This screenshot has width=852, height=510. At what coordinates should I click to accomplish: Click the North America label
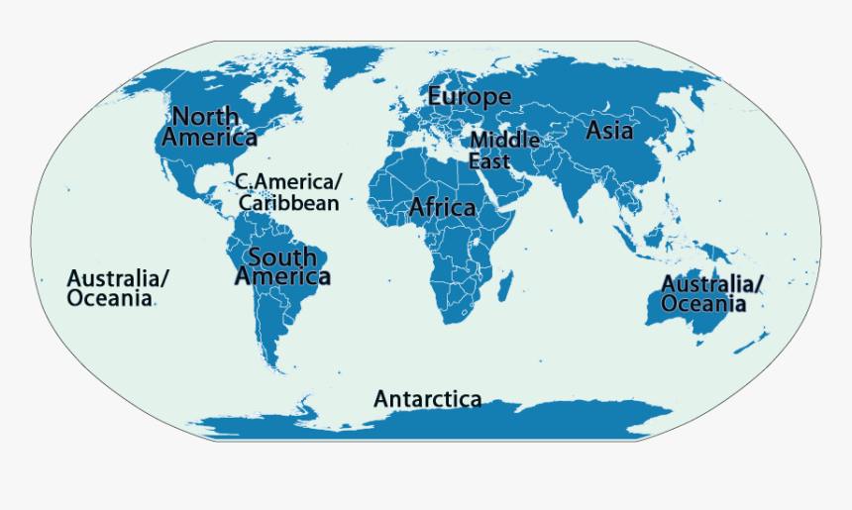point(209,126)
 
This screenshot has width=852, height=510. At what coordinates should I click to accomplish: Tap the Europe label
point(470,97)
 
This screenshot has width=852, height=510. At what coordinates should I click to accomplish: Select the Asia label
point(609,130)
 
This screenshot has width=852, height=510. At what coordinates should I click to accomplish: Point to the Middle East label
point(504,151)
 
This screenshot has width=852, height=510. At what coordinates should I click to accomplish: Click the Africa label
point(442,208)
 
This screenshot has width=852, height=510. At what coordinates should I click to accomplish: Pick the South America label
point(282,267)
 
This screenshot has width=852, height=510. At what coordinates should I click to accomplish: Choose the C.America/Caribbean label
point(287,192)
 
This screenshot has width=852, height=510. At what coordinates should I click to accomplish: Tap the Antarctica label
point(427,400)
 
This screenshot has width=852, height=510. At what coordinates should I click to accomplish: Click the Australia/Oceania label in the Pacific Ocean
point(117,287)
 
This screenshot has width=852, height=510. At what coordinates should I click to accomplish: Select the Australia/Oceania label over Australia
point(711,294)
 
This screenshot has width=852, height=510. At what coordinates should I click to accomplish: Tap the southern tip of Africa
point(456,320)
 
